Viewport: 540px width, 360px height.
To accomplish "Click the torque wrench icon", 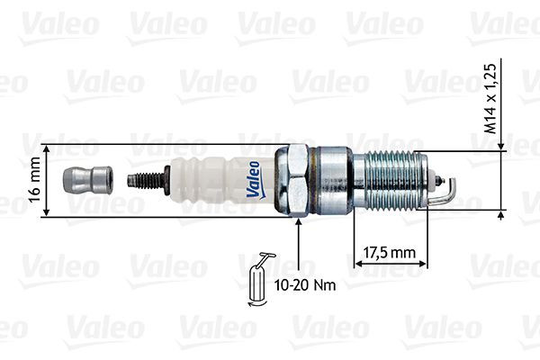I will (x=259, y=282).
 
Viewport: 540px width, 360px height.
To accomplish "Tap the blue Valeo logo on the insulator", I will (x=254, y=177).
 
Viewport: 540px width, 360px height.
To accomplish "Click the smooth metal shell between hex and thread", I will (x=336, y=180).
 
